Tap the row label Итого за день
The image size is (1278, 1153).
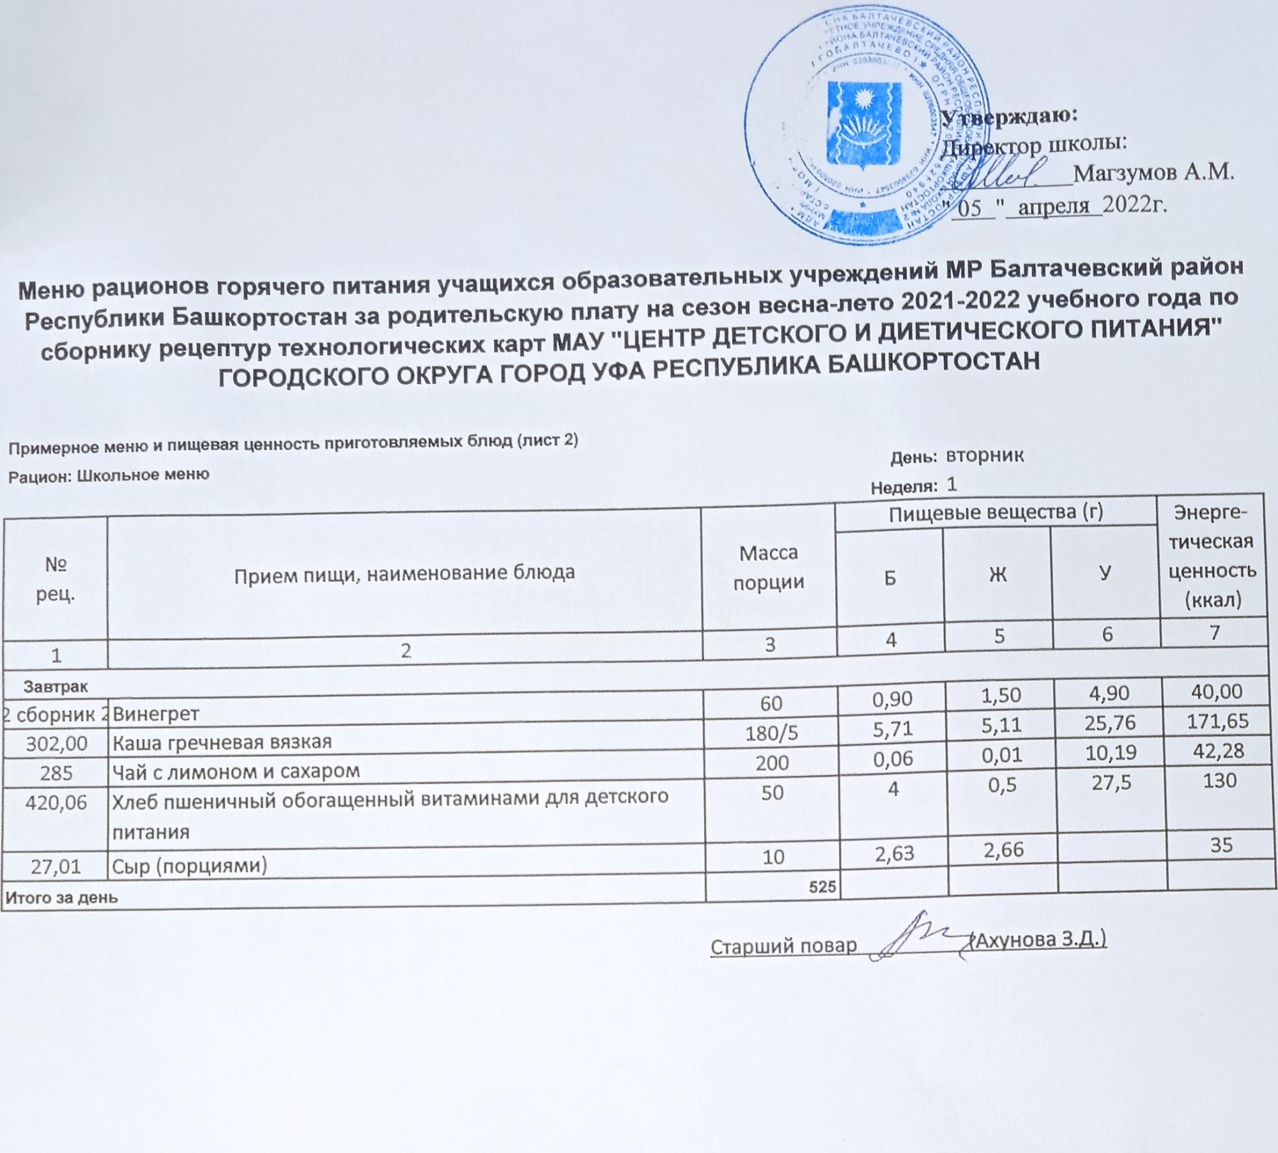tap(61, 897)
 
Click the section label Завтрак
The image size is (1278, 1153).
tap(56, 686)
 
